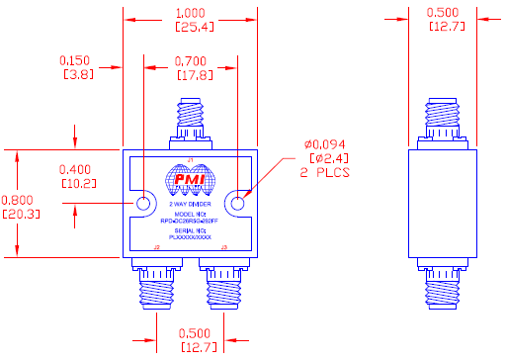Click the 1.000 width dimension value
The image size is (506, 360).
pos(190,13)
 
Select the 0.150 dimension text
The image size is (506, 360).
pos(77,59)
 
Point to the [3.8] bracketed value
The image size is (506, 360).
pos(77,73)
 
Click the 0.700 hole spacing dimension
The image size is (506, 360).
pos(190,61)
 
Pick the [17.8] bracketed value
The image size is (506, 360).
pos(190,74)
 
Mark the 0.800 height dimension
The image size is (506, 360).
pos(22,198)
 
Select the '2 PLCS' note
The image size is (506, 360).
pos(325,171)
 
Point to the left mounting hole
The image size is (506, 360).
pos(142,204)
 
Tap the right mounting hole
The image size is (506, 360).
pos(237,204)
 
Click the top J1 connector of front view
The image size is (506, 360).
pos(191,124)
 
